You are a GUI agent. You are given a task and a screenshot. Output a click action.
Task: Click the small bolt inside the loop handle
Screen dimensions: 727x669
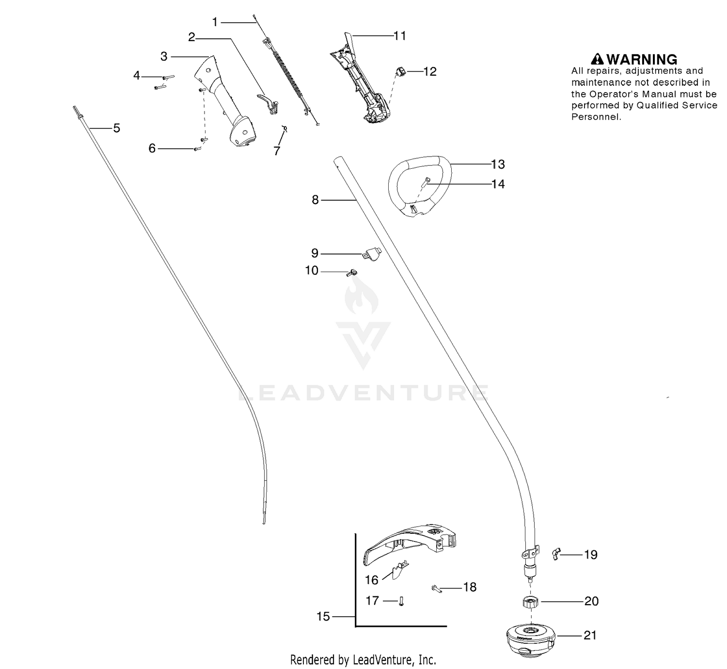tap(426, 182)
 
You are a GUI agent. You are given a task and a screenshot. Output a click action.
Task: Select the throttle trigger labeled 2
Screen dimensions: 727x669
tap(268, 103)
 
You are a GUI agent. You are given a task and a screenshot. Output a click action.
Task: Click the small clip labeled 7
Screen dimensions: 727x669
tap(284, 128)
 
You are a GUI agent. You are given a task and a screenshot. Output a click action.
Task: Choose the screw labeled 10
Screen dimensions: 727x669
tap(351, 273)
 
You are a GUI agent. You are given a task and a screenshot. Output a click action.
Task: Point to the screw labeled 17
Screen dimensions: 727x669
tap(401, 601)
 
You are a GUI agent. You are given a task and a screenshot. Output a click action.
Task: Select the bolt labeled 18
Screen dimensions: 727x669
tap(437, 588)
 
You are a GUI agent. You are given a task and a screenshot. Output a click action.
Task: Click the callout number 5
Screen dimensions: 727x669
tap(116, 128)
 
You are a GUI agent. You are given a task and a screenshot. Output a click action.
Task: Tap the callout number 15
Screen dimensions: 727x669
tap(323, 617)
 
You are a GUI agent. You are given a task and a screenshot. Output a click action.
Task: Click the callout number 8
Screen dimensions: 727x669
tap(316, 200)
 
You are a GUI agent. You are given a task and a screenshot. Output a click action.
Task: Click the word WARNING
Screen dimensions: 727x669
tap(642, 59)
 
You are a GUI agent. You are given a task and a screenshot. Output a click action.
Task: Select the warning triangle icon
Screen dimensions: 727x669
tap(597, 59)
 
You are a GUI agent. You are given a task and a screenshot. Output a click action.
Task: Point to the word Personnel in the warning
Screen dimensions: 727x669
tap(596, 117)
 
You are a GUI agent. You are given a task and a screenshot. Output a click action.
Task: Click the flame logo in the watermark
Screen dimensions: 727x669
tap(362, 296)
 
